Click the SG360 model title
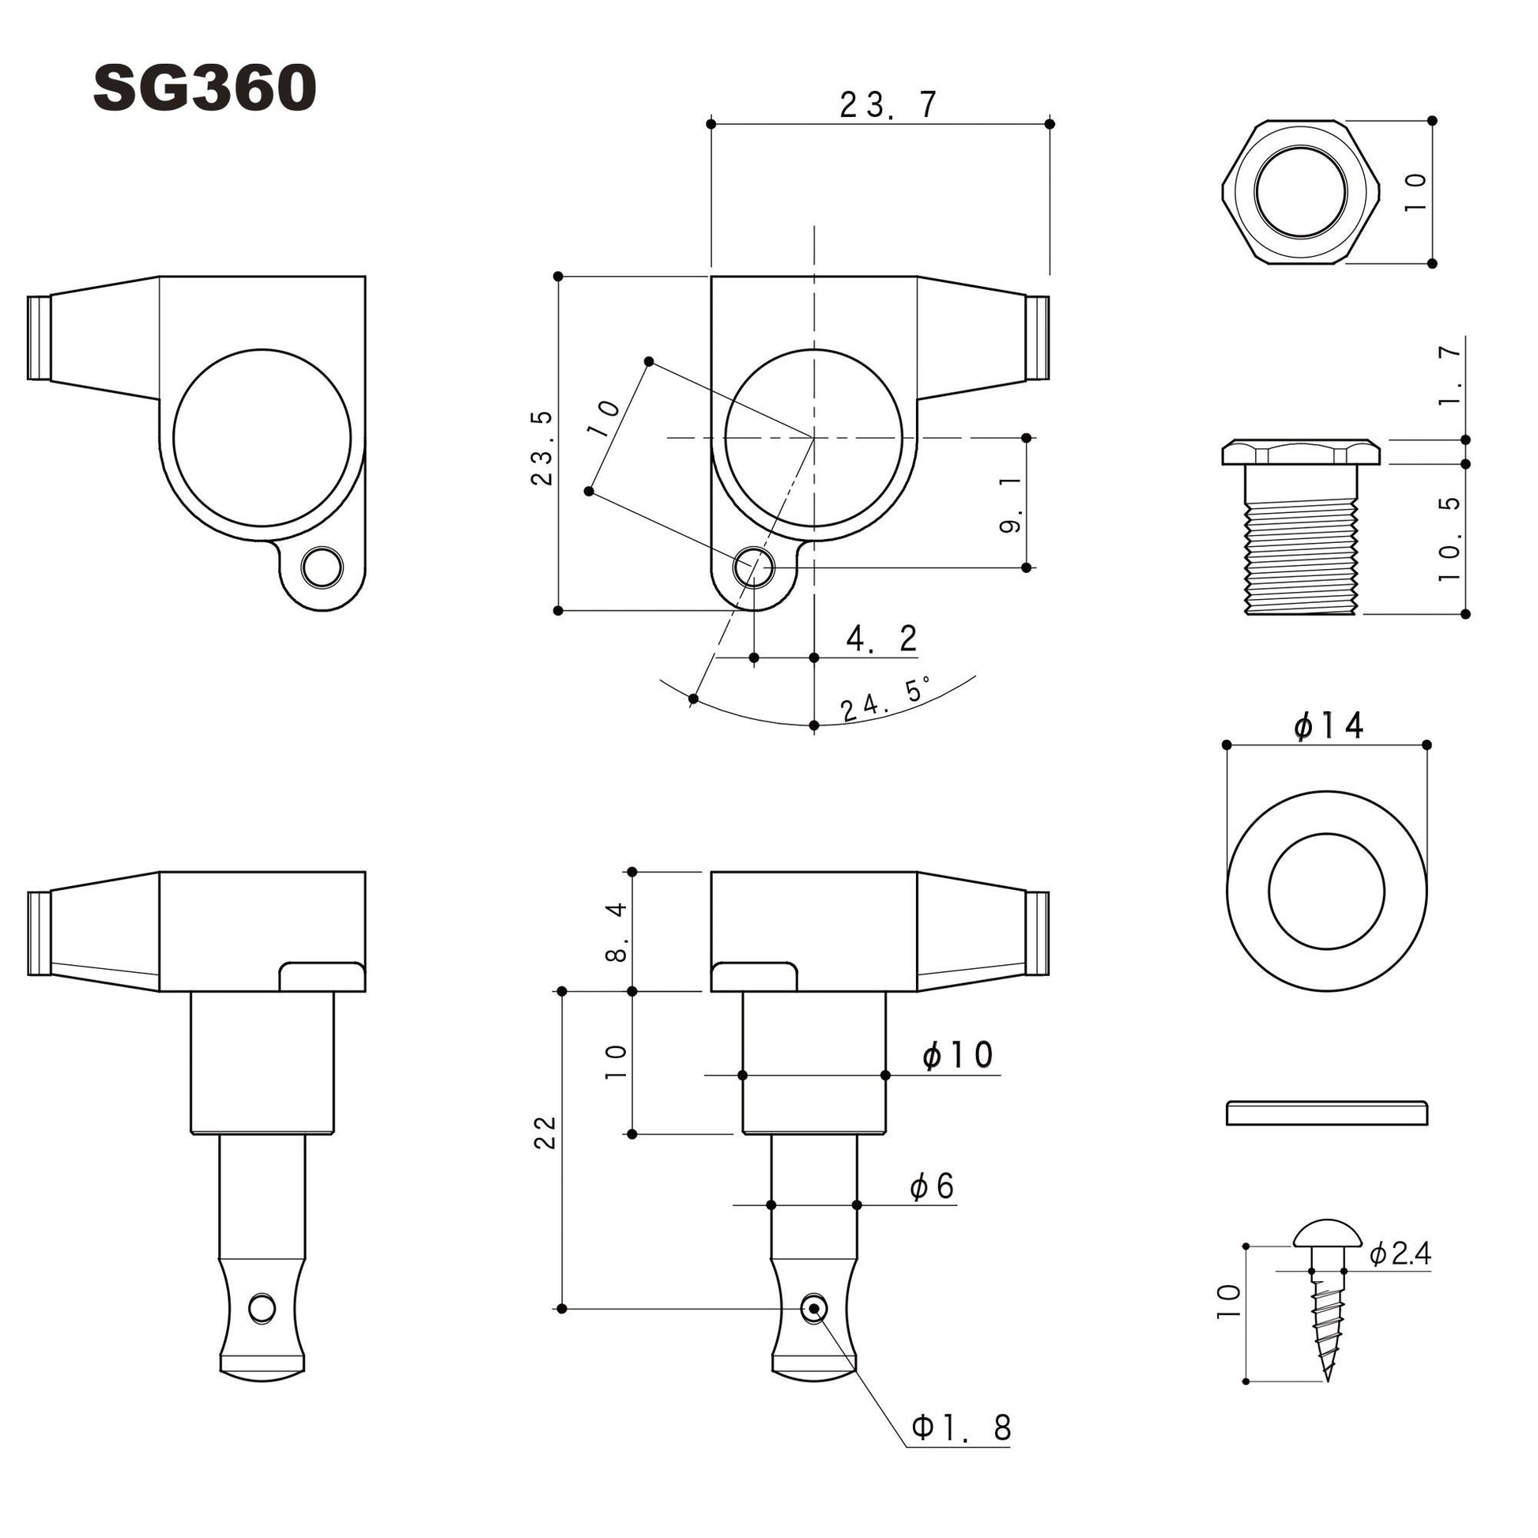click(205, 89)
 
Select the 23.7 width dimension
click(889, 105)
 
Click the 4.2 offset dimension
click(882, 639)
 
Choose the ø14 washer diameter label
click(1328, 726)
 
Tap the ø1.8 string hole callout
click(961, 1427)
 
